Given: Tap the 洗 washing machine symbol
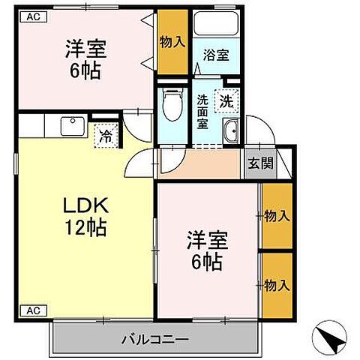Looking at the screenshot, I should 225,97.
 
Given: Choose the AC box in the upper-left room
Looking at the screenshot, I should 34,16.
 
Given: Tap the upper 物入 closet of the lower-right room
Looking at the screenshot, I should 276,216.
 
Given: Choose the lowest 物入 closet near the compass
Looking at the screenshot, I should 276,284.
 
